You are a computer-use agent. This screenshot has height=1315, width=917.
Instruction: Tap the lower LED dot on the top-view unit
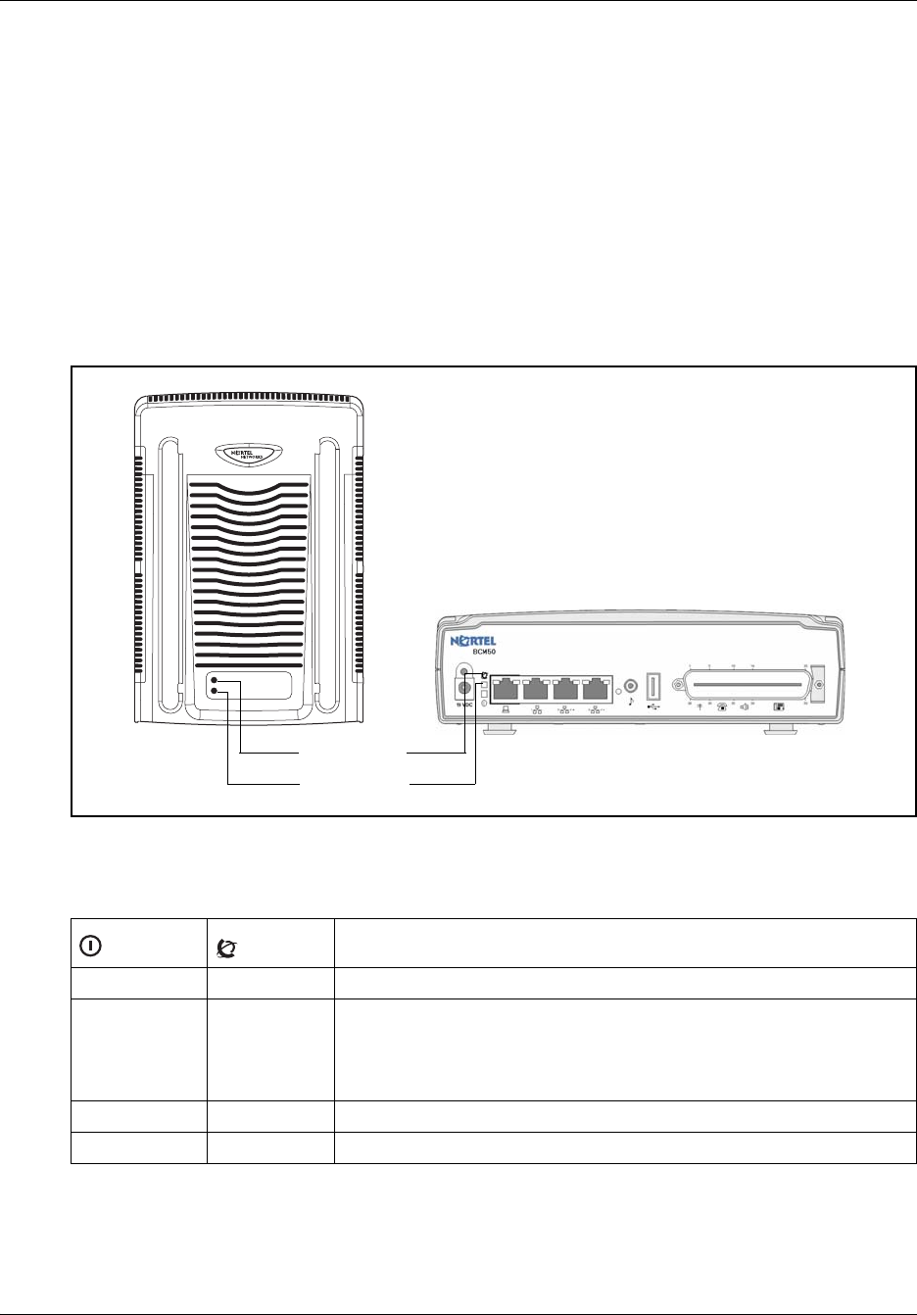215,693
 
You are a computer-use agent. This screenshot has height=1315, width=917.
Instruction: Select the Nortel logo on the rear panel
474,642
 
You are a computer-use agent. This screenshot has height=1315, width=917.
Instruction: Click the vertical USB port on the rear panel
654,683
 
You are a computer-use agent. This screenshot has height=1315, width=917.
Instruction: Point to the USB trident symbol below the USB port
654,706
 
